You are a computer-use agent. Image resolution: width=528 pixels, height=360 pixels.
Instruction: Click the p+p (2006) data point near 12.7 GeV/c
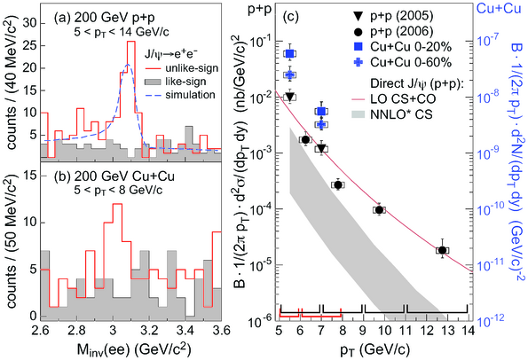(443, 250)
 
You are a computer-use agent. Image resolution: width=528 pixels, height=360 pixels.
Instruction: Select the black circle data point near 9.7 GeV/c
(379, 209)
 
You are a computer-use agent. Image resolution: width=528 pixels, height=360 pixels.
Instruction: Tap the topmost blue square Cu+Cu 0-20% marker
(289, 53)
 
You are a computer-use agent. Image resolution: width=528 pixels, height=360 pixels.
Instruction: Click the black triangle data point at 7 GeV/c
(321, 148)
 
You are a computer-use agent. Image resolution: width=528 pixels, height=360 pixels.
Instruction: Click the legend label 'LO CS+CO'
(403, 99)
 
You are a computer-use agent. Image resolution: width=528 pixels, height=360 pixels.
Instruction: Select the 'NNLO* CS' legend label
(401, 114)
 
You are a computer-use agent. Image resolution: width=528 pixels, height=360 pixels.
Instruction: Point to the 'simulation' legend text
(190, 95)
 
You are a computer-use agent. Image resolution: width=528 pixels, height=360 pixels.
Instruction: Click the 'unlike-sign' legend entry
(192, 68)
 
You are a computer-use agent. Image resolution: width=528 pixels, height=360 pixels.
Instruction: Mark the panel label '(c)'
(290, 16)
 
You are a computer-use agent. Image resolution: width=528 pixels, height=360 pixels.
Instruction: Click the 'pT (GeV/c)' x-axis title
(375, 350)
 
